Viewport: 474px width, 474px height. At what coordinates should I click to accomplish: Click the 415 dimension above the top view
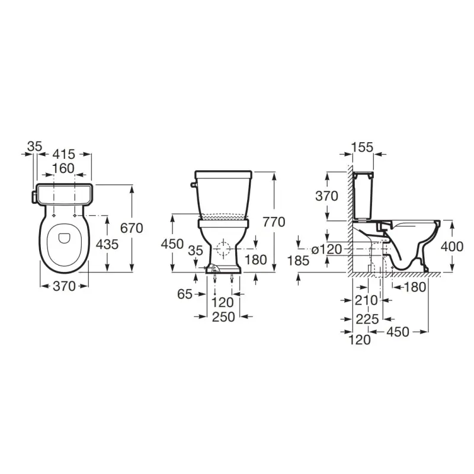coord(64,155)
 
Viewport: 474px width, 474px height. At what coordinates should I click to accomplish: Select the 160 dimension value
coord(63,169)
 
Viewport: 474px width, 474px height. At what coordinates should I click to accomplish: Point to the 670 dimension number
coord(132,228)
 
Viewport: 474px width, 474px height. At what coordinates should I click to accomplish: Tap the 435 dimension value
coord(107,244)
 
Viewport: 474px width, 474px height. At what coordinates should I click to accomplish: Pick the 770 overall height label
coord(274,222)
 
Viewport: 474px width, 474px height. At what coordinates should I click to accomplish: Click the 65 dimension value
coord(185,294)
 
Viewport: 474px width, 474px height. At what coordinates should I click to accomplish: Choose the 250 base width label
coord(223,317)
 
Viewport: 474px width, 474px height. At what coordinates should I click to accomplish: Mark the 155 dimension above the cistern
coord(363,147)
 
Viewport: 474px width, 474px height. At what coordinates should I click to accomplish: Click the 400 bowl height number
coord(452,247)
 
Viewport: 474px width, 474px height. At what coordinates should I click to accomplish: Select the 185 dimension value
coord(299,261)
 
